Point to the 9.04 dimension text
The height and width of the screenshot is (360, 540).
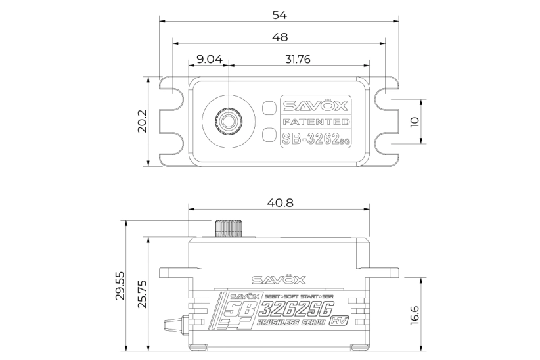click(x=209, y=59)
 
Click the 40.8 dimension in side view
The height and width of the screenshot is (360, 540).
click(x=280, y=202)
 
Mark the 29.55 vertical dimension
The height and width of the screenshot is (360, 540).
click(x=119, y=285)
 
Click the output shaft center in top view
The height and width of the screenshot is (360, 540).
click(x=229, y=121)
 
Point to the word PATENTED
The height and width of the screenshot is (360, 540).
click(x=315, y=122)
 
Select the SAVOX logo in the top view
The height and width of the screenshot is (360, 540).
click(x=315, y=105)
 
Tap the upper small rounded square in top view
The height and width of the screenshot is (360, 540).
click(x=268, y=108)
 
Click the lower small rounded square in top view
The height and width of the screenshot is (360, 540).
click(x=268, y=135)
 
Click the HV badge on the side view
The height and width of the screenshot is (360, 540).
click(x=338, y=321)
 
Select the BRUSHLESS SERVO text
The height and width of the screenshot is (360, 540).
click(x=292, y=322)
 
